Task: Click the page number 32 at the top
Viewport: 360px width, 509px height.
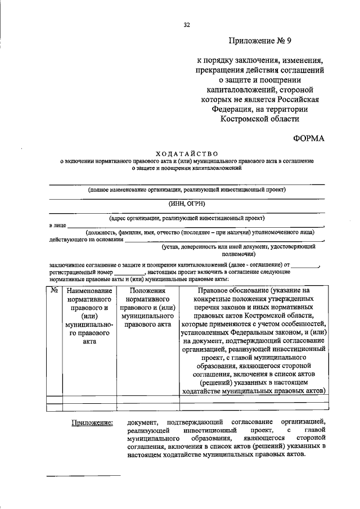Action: [186, 24]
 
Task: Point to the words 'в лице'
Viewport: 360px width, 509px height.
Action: [57, 225]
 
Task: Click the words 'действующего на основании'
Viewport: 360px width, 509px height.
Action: [86, 239]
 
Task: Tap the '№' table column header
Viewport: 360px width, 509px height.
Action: [55, 290]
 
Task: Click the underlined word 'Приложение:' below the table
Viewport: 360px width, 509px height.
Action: [91, 422]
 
